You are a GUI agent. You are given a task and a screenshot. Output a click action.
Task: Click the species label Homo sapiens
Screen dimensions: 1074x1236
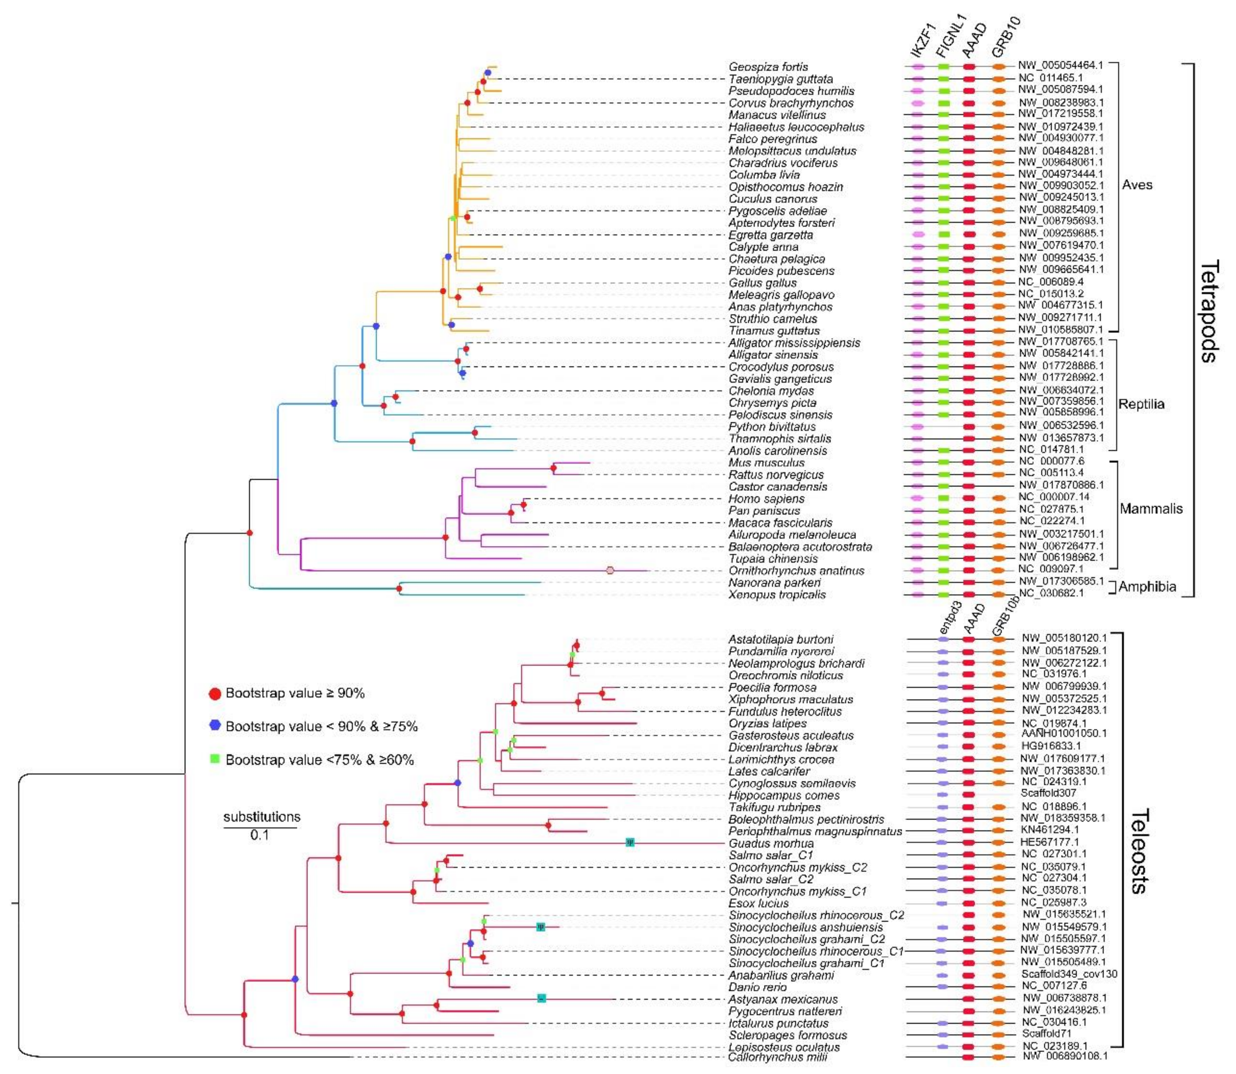(766, 499)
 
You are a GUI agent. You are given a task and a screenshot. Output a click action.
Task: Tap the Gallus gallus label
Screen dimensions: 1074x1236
(762, 283)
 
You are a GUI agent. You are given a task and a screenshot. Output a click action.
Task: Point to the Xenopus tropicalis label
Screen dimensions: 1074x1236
(777, 594)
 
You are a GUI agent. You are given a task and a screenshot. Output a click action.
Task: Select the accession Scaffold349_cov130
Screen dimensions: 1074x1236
(1069, 974)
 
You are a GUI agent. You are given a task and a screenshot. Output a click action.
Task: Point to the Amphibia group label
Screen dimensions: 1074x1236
(1147, 587)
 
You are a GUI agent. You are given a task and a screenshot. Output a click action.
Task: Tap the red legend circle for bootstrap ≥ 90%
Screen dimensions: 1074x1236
(215, 693)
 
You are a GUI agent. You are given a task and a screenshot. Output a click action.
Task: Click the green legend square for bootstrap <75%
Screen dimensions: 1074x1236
(215, 759)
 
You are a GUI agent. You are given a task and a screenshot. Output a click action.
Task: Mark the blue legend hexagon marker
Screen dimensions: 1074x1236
(215, 726)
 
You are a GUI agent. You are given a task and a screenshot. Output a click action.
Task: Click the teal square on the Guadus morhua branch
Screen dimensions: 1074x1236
(629, 843)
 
